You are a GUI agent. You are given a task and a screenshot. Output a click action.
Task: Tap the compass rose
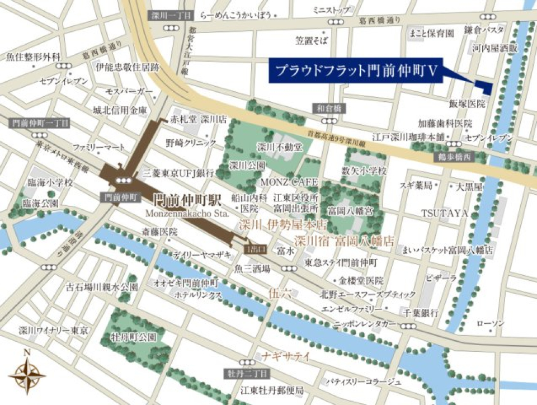[x=27, y=371]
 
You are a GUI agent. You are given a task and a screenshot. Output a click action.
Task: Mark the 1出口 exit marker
[x=257, y=246]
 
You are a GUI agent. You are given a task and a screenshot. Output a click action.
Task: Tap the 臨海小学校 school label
[x=50, y=183]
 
